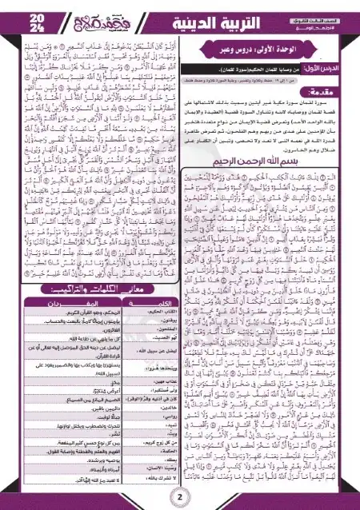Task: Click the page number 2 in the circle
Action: click(179, 497)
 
